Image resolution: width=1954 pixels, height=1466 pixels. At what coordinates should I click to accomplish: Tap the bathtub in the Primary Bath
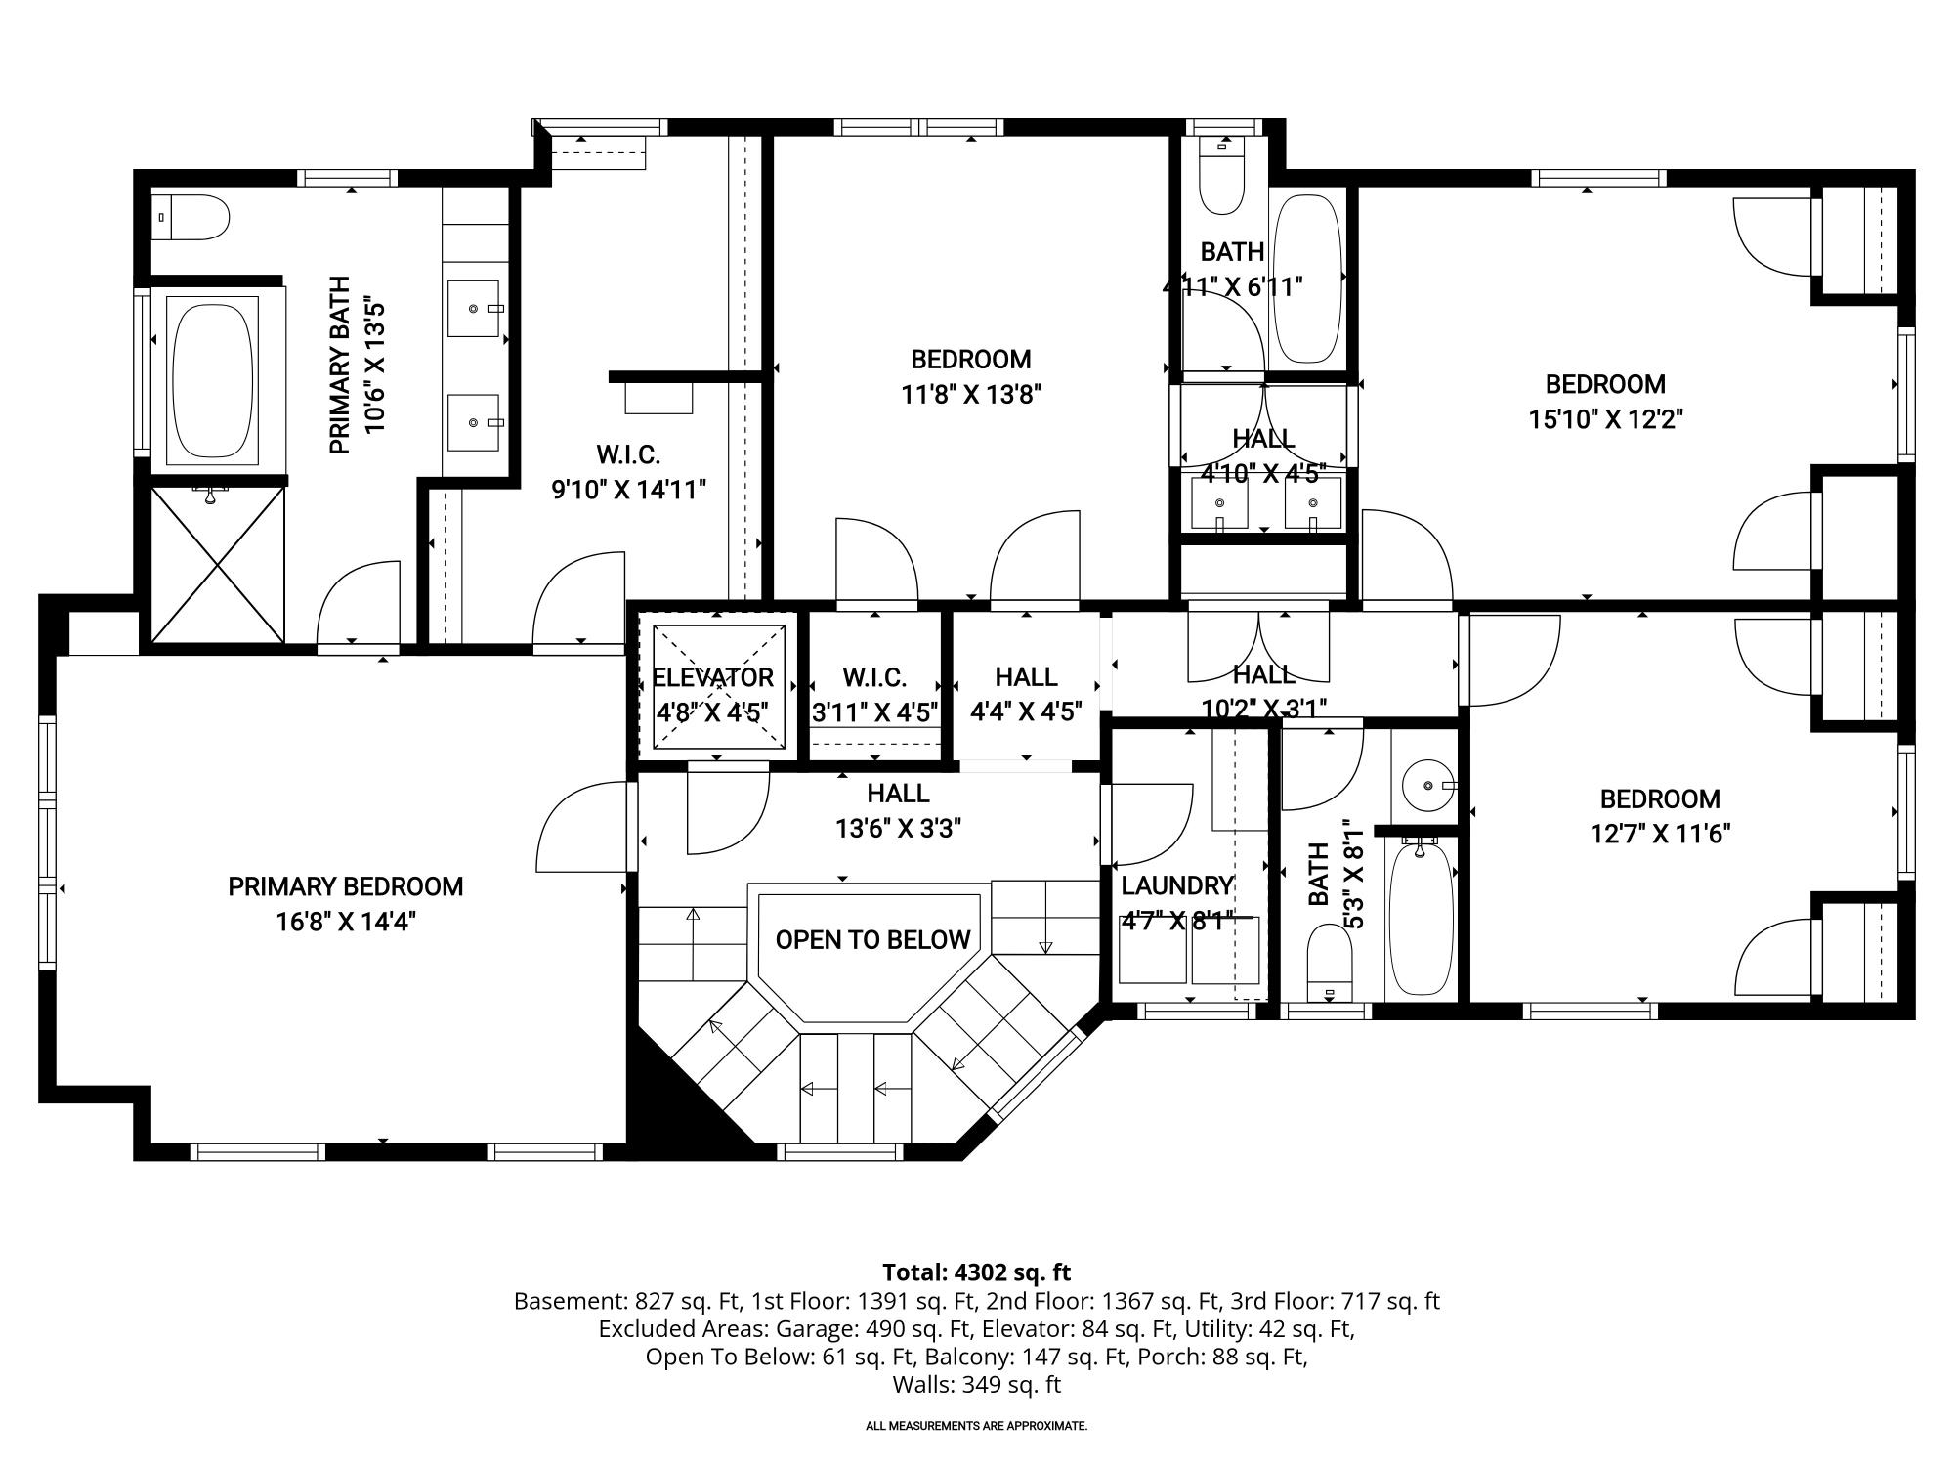click(x=214, y=379)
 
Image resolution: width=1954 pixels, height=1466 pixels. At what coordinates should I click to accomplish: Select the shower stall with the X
click(x=218, y=565)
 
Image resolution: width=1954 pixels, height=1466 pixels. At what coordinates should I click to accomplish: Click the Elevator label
click(x=712, y=677)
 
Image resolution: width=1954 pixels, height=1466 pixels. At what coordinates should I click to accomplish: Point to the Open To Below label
click(x=873, y=940)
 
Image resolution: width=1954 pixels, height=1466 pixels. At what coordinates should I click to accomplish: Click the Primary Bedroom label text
click(x=346, y=886)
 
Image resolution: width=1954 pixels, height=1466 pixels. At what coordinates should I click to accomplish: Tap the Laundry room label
click(x=1176, y=885)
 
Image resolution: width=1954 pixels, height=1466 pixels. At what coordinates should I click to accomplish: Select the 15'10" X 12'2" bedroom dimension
click(x=1605, y=419)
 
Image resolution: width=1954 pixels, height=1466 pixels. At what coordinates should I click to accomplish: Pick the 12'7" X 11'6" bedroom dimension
click(x=1660, y=834)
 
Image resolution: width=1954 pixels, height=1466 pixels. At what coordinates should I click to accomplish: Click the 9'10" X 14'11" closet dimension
click(x=628, y=490)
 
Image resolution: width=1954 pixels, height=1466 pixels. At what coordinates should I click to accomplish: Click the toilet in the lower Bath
click(x=1329, y=963)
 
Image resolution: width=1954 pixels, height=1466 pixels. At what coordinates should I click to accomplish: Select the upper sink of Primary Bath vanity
click(x=474, y=309)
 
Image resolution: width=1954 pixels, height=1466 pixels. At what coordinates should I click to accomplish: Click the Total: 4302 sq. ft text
click(x=977, y=1272)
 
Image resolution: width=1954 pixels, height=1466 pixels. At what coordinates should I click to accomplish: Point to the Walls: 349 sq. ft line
click(x=977, y=1385)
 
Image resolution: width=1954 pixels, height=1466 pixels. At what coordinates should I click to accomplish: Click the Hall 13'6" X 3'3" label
click(x=899, y=811)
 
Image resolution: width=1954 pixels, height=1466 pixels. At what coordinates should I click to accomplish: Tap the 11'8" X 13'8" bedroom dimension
click(x=971, y=395)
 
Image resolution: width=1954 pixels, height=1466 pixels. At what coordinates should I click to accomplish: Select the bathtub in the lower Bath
click(x=1422, y=919)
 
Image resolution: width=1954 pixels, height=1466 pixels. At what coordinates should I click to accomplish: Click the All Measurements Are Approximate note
click(x=977, y=1426)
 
